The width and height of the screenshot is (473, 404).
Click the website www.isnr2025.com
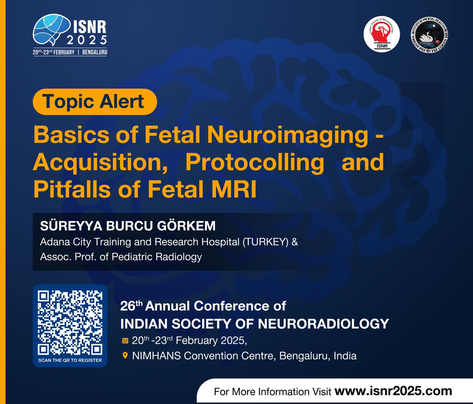(x=393, y=391)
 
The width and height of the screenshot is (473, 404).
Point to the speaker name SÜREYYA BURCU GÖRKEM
(x=128, y=226)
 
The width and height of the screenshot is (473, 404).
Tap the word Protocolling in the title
(x=255, y=162)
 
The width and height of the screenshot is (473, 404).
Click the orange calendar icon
(x=125, y=341)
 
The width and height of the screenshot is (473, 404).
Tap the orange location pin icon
(x=125, y=356)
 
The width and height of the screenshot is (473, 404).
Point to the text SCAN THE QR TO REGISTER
(x=70, y=360)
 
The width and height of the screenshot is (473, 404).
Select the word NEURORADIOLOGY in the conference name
(x=324, y=324)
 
